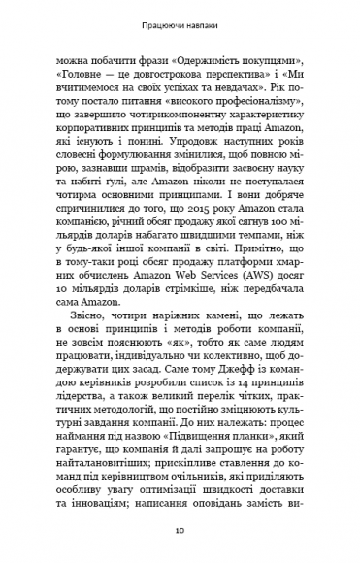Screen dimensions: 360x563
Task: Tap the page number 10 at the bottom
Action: [x=180, y=532]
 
